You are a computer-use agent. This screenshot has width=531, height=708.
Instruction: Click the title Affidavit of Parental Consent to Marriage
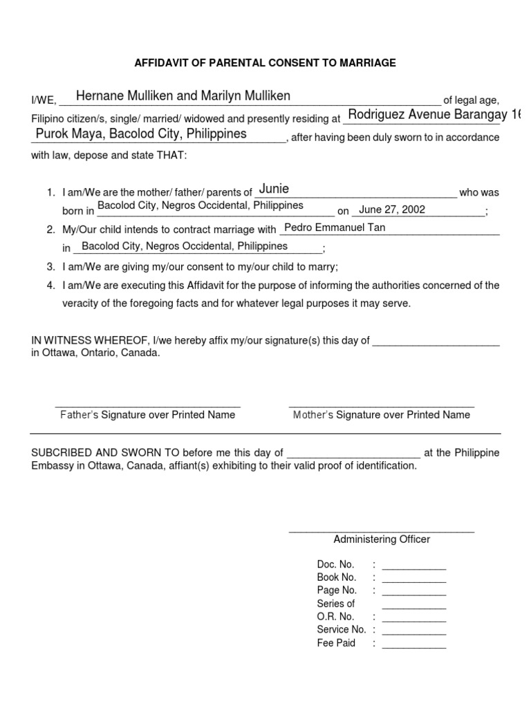click(x=265, y=63)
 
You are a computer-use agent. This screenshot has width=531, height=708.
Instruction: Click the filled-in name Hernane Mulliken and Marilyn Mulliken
click(x=183, y=95)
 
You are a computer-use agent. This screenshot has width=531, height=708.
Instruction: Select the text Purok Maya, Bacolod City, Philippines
click(x=141, y=133)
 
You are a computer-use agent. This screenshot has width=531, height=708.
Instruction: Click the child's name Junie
click(x=274, y=189)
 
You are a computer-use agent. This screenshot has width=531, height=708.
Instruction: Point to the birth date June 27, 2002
click(x=392, y=209)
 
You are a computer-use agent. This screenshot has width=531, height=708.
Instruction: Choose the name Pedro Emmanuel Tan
click(x=335, y=227)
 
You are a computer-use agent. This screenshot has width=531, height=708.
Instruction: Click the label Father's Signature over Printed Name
click(x=147, y=415)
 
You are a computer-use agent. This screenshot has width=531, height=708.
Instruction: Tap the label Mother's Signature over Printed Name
click(x=381, y=415)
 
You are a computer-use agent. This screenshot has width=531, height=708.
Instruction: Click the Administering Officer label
click(x=381, y=539)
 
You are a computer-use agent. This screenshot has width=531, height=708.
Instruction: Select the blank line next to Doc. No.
click(x=413, y=567)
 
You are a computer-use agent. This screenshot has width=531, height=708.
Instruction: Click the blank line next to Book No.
click(x=413, y=580)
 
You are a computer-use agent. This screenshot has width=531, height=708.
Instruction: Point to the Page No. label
click(x=337, y=590)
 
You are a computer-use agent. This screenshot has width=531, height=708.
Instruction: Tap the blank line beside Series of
click(x=413, y=606)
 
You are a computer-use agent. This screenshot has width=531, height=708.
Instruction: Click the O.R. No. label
click(x=335, y=617)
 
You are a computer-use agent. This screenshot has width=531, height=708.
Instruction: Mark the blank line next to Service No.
click(x=413, y=633)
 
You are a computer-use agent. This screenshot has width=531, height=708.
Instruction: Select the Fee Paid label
click(x=336, y=643)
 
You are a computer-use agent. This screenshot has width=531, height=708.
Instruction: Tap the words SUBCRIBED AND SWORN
click(x=97, y=453)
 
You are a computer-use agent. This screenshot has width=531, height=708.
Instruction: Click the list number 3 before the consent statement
click(x=50, y=266)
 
